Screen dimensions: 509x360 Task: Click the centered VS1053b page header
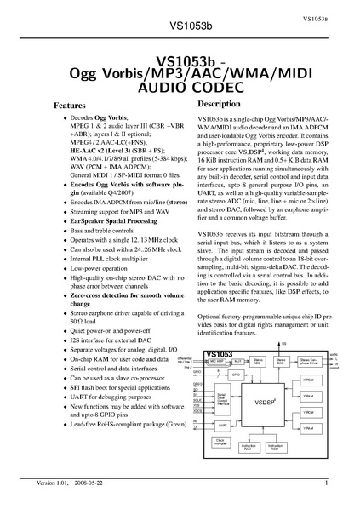tap(179, 26)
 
